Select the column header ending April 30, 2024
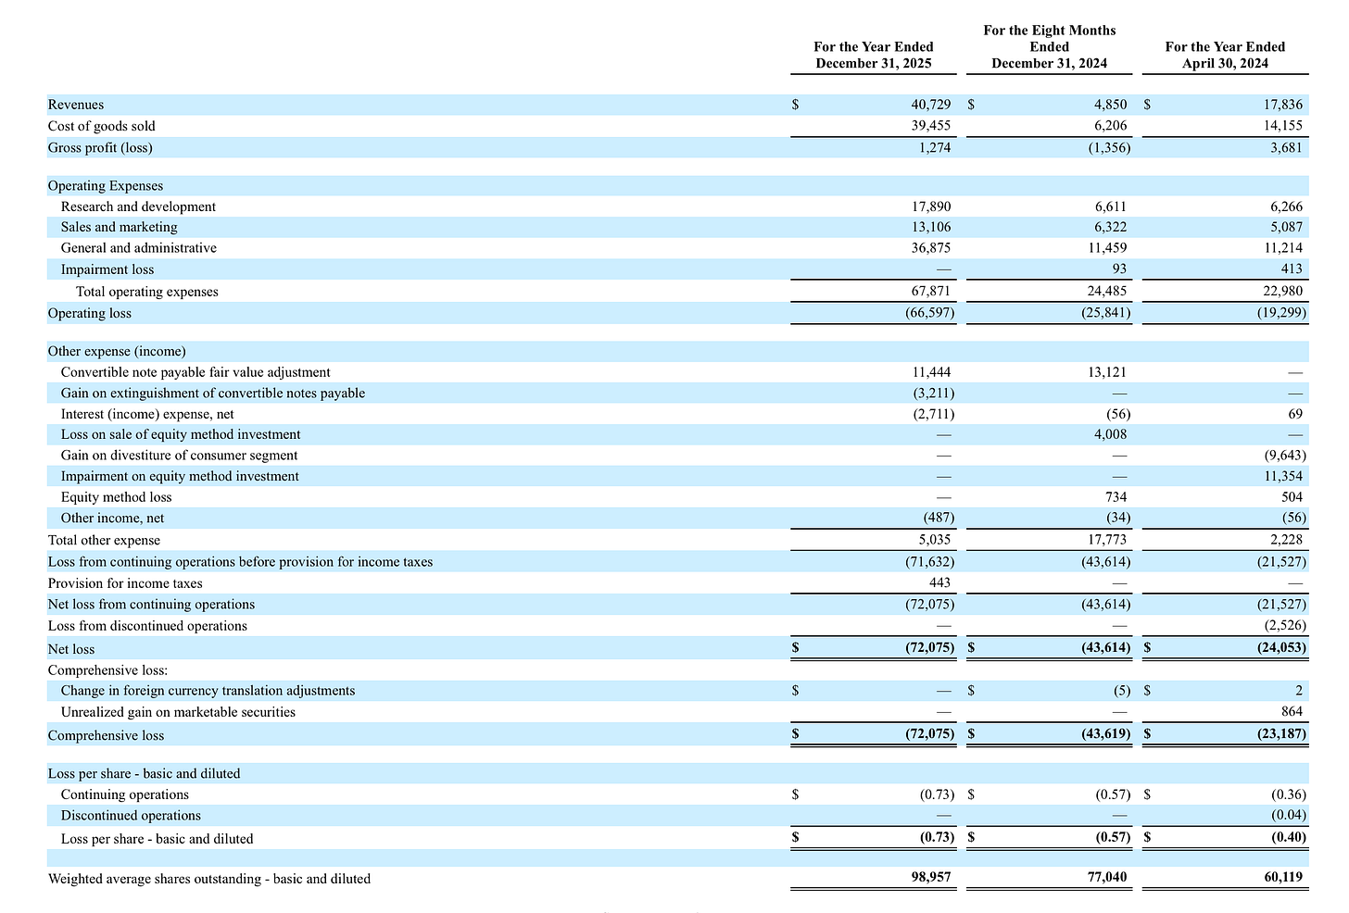pyautogui.click(x=1225, y=55)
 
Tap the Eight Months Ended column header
pyautogui.click(x=1049, y=46)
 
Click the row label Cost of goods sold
pyautogui.click(x=102, y=126)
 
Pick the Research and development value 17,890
pyautogui.click(x=931, y=206)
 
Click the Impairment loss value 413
pyautogui.click(x=1292, y=269)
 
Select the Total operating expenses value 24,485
pyautogui.click(x=1107, y=292)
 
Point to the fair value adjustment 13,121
pyautogui.click(x=1107, y=372)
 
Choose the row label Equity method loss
pyautogui.click(x=116, y=497)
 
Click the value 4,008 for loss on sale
pyautogui.click(x=1110, y=434)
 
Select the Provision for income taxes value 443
pyautogui.click(x=939, y=583)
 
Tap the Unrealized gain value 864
pyautogui.click(x=1292, y=712)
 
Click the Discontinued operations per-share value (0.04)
pyautogui.click(x=1288, y=816)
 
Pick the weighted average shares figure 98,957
pyautogui.click(x=930, y=878)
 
